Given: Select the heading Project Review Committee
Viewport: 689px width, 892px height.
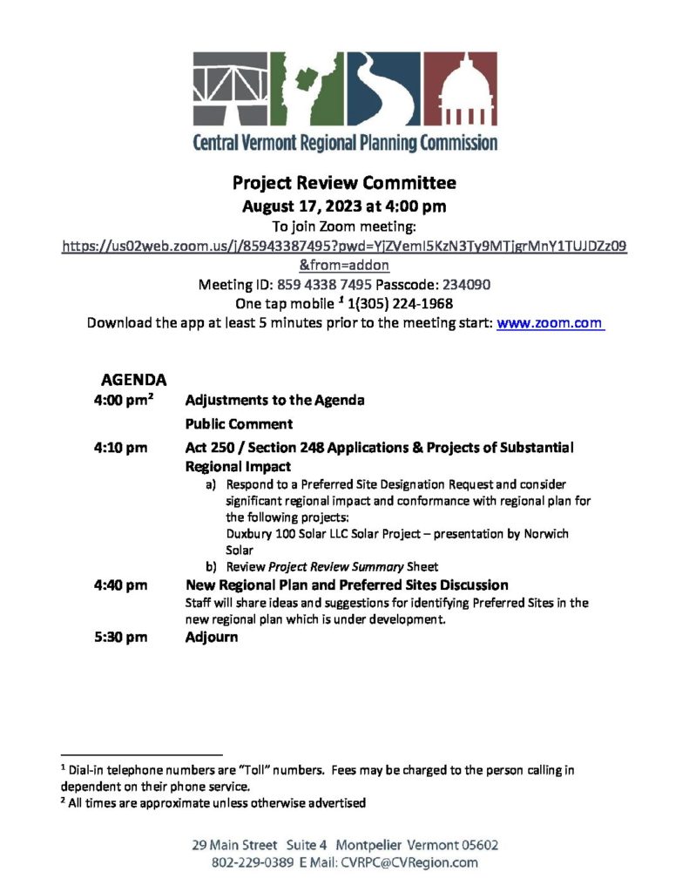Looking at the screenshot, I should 344,184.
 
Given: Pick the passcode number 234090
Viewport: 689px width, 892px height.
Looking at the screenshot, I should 469,284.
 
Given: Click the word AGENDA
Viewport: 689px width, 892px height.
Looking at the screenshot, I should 134,380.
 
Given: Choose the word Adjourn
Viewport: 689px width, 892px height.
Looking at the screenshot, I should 212,637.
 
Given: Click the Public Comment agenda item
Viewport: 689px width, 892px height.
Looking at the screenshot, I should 239,424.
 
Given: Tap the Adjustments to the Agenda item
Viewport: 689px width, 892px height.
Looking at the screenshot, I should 274,401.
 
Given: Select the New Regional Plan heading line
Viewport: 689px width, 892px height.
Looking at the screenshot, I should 347,585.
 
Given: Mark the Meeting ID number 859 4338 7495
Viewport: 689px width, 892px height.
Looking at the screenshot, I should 325,284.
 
